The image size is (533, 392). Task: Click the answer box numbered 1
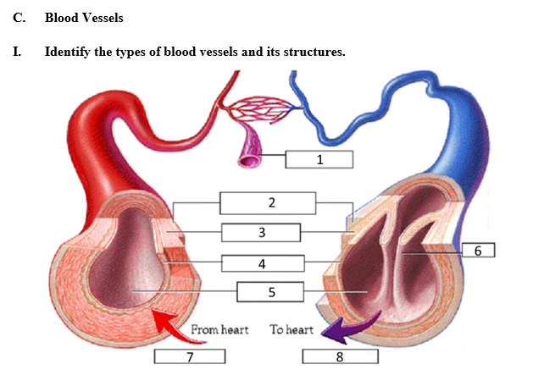(319, 158)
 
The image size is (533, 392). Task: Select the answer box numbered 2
(268, 203)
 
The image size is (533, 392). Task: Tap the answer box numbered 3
(262, 232)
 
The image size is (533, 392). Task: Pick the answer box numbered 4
(263, 263)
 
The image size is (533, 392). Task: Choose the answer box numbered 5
(271, 292)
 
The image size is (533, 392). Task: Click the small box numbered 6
(478, 250)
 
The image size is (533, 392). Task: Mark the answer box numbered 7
(190, 356)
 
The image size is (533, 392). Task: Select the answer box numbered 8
(340, 356)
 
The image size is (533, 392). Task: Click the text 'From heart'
(219, 329)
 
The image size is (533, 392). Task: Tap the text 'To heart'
(291, 329)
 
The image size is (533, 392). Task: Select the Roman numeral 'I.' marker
(17, 52)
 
